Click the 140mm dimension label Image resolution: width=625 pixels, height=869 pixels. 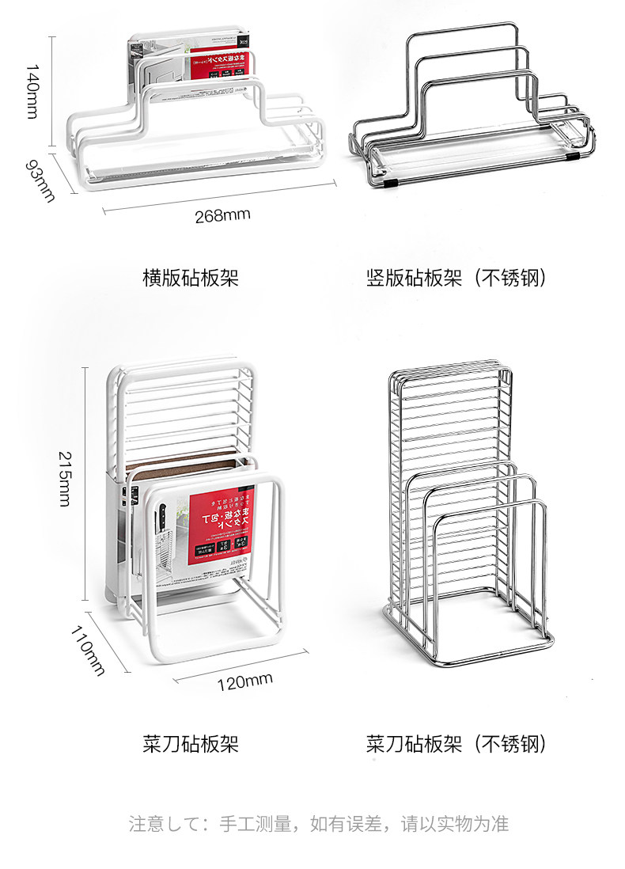coord(31,91)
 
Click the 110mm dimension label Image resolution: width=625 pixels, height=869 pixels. coord(88,651)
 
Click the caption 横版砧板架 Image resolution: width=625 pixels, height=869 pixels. coord(190,279)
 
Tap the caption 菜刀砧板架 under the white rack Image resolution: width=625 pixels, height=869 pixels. coord(190,744)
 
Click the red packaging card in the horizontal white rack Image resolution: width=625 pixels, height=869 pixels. coord(212,67)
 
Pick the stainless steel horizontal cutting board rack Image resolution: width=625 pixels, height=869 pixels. coord(471,111)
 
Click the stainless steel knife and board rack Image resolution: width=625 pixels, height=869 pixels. coord(467,514)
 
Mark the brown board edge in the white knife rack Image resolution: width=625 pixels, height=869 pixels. coord(190,461)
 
